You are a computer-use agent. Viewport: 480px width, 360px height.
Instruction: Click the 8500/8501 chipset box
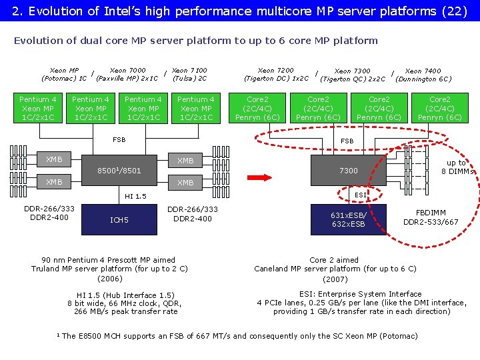[119, 171]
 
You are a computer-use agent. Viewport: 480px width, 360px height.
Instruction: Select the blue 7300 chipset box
[348, 171]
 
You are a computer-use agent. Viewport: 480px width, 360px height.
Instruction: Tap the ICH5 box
[119, 220]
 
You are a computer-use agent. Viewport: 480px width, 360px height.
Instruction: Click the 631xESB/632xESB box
[348, 219]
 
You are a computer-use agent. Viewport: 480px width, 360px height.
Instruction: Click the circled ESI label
[360, 195]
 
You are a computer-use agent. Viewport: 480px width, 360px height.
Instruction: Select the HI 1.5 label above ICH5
[135, 196]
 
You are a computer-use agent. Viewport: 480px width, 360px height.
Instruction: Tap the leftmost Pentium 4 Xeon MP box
[38, 109]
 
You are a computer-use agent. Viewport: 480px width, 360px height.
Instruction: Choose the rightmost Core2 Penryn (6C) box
[439, 109]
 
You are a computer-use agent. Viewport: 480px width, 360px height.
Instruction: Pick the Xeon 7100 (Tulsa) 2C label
[189, 74]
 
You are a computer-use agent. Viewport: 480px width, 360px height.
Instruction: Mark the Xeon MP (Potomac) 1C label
[64, 74]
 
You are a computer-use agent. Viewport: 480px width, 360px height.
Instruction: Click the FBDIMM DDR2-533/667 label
[431, 217]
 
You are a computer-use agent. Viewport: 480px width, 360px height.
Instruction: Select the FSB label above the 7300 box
[347, 141]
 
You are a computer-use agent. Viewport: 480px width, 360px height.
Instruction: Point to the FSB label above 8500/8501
[119, 140]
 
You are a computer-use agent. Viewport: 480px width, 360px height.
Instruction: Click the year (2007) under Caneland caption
[335, 279]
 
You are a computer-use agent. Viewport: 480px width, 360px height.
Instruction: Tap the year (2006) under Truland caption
[109, 279]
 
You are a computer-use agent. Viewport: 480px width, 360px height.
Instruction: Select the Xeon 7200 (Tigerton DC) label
[275, 74]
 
